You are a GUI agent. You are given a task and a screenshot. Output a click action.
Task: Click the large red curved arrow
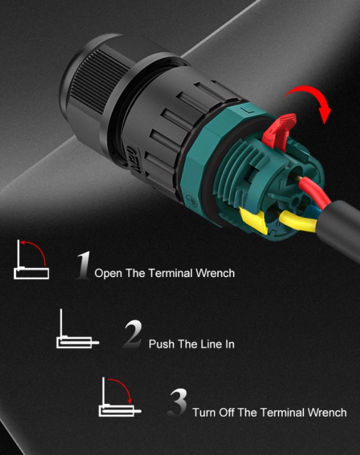click(313, 92)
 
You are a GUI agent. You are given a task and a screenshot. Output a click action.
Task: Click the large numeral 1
click(83, 265)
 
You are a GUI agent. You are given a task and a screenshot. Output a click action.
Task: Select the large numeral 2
click(133, 334)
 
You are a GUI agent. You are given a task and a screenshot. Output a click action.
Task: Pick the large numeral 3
click(178, 402)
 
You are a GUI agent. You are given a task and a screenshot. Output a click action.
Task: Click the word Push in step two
click(162, 344)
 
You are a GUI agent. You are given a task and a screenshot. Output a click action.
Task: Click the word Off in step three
click(227, 412)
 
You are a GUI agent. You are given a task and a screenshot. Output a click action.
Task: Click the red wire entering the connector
click(315, 190)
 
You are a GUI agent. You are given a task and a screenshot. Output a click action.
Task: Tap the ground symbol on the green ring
click(192, 200)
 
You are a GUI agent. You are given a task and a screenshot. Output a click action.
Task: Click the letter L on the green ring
click(247, 110)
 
